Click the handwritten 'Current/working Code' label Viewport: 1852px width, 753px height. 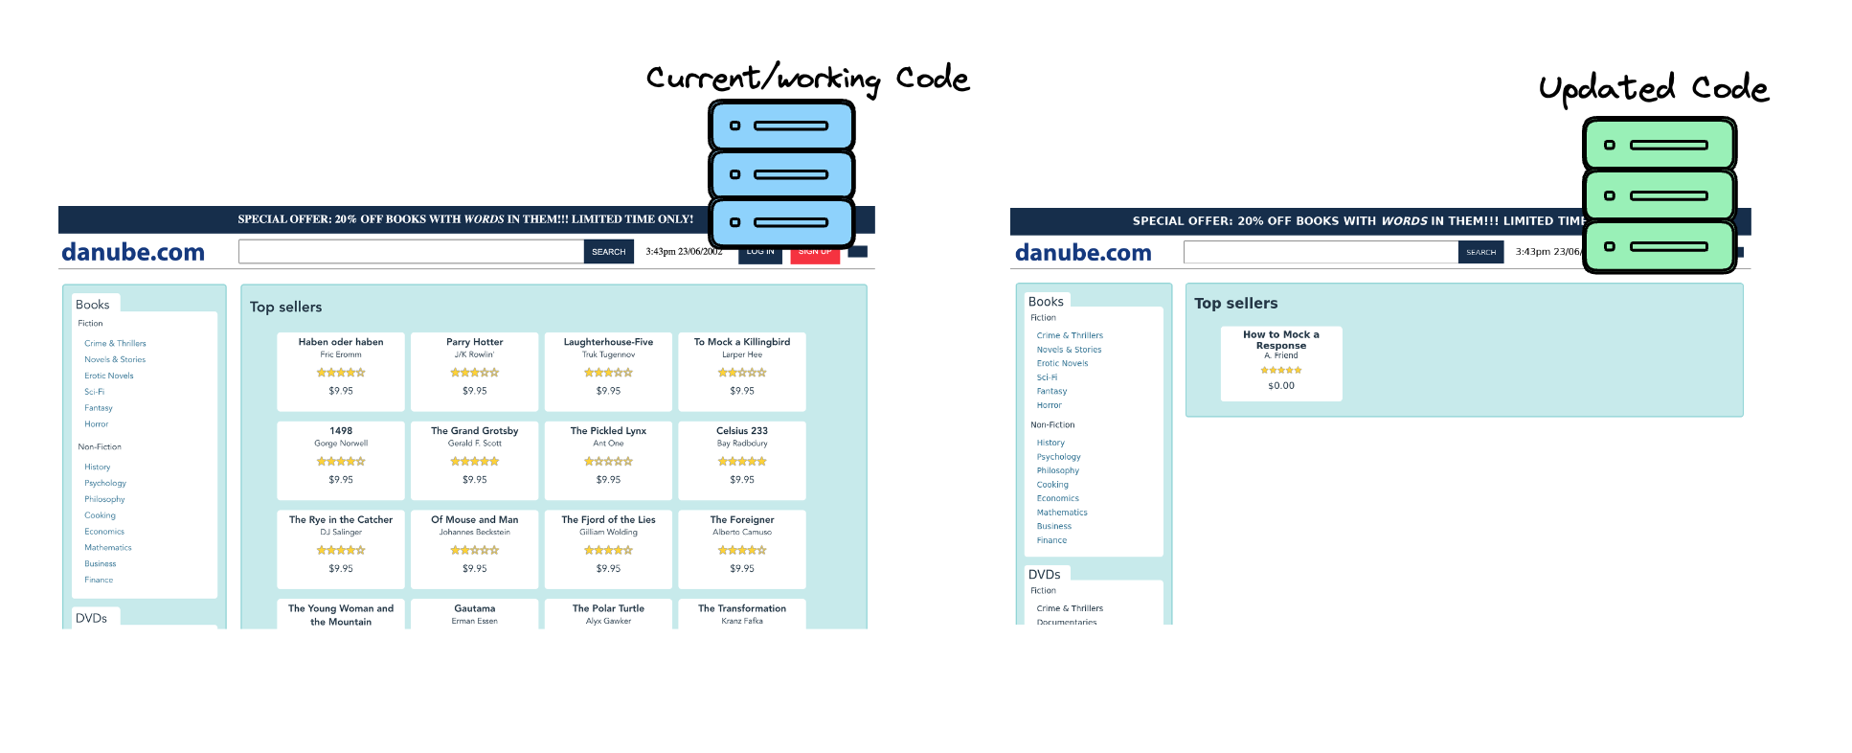pyautogui.click(x=807, y=79)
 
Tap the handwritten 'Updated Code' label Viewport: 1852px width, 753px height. pyautogui.click(x=1653, y=88)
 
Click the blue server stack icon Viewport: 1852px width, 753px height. pyautogui.click(x=781, y=174)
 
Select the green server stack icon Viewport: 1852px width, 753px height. pyautogui.click(x=1659, y=195)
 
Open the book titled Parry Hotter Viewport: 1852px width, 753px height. pyautogui.click(x=474, y=342)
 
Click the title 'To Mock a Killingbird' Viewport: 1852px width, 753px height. pyautogui.click(x=742, y=342)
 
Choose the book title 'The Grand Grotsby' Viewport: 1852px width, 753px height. pyautogui.click(x=474, y=431)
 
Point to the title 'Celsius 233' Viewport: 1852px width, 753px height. pyautogui.click(x=742, y=431)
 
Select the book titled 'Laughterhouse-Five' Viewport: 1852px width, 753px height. pyautogui.click(x=608, y=342)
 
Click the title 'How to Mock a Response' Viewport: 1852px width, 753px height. pyautogui.click(x=1281, y=340)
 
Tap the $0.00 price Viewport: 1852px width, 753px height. pyautogui.click(x=1281, y=386)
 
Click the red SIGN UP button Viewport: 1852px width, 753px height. pyautogui.click(x=815, y=254)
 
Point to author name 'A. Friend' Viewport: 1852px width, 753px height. pyautogui.click(x=1281, y=355)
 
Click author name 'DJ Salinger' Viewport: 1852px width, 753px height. pyautogui.click(x=341, y=533)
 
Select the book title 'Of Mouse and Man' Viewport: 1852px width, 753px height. pyautogui.click(x=474, y=520)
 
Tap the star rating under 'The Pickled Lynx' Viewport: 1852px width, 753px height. pyautogui.click(x=608, y=462)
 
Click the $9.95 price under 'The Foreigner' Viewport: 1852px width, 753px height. pyautogui.click(x=742, y=569)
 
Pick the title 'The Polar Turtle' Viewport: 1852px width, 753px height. pyautogui.click(x=608, y=609)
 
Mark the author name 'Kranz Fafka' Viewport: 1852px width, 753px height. pyautogui.click(x=742, y=621)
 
